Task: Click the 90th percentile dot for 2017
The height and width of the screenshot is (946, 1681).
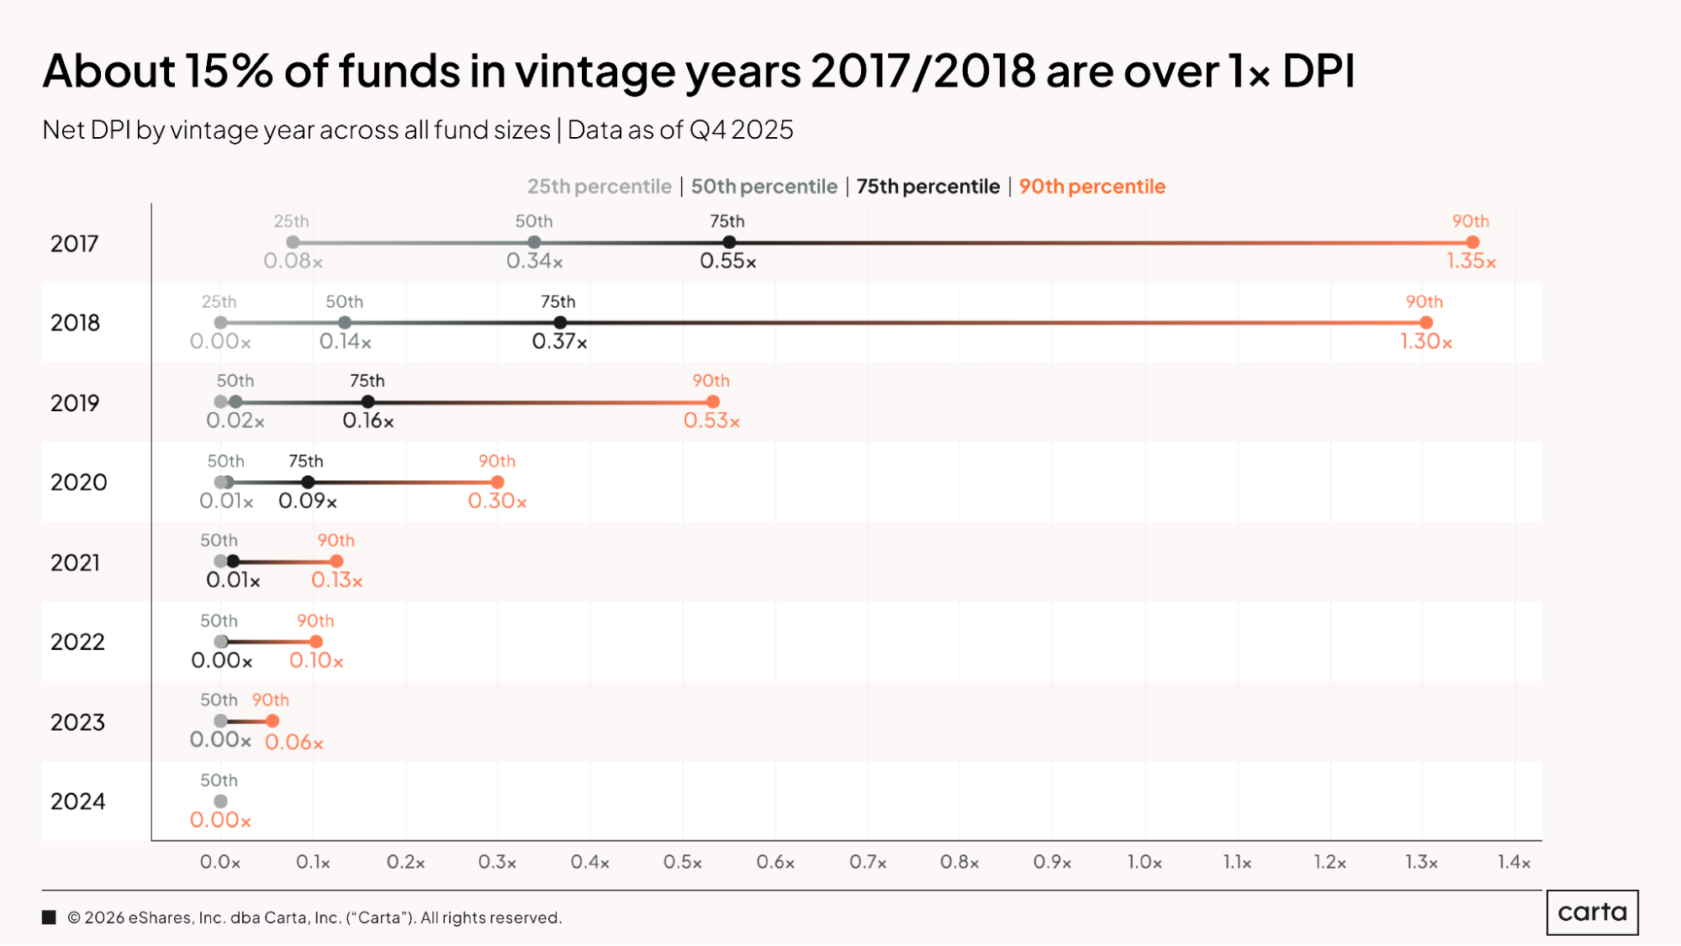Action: [1472, 242]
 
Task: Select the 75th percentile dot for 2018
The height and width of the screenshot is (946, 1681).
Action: [560, 323]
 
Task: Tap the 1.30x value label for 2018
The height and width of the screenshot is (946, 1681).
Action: [1426, 341]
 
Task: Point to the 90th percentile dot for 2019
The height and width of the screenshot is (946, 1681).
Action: [713, 402]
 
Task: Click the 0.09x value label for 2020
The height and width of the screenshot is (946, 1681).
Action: [308, 501]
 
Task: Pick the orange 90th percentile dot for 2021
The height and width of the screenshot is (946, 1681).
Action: [337, 561]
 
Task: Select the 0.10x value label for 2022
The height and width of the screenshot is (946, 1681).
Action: [316, 660]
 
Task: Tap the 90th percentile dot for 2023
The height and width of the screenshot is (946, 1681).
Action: [272, 721]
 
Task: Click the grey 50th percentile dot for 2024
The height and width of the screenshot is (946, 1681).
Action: [220, 801]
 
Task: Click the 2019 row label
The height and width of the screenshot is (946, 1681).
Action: [75, 403]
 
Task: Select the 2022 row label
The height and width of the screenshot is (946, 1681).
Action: [77, 642]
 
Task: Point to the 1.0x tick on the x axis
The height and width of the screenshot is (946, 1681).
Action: [1144, 862]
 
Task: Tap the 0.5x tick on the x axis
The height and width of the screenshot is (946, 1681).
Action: [683, 862]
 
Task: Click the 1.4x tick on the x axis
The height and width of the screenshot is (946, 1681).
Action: [1514, 862]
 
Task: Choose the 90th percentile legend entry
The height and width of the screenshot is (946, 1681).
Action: [1092, 186]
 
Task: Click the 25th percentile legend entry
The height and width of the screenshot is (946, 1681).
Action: [600, 186]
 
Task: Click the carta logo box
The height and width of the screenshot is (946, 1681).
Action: [1592, 912]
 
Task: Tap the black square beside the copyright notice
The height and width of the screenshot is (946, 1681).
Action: [49, 917]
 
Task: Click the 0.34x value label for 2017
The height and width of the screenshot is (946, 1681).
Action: [535, 261]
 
